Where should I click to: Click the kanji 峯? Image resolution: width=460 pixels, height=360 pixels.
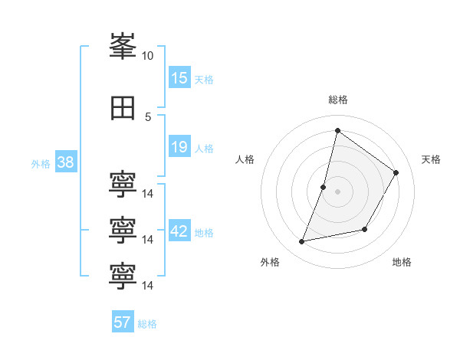coord(123,46)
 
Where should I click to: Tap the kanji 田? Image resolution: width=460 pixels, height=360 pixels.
coord(123,108)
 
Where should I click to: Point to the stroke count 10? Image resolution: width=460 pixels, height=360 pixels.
coord(147,56)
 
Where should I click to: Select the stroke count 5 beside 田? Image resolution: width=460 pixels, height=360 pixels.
coord(148,117)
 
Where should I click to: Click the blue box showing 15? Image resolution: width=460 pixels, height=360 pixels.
coord(180,77)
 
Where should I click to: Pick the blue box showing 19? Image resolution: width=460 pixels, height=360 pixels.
coord(180,146)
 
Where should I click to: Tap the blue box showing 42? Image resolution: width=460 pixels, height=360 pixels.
coord(180,230)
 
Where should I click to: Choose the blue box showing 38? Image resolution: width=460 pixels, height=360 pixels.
coord(66,162)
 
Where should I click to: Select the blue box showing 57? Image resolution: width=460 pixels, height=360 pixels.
coord(123,321)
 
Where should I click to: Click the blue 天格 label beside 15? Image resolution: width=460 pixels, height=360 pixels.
coord(204,80)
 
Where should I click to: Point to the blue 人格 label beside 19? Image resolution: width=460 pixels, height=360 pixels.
coord(204,149)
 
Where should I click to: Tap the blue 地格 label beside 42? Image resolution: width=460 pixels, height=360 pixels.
coord(204,233)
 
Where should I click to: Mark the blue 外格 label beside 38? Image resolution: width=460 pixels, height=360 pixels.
coord(41,164)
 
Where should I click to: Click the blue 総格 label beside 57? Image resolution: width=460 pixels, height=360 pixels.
coord(147,324)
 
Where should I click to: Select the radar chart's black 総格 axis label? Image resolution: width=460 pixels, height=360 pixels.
coord(338,100)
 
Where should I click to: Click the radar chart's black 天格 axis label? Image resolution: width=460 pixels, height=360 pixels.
coord(431,159)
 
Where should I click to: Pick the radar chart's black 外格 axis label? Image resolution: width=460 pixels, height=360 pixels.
coord(270,262)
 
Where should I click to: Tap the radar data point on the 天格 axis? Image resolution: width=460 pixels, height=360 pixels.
coord(396,172)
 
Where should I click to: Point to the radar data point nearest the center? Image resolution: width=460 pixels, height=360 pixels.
coord(323,188)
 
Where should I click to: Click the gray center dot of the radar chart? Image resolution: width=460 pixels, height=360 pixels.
coord(337,191)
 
